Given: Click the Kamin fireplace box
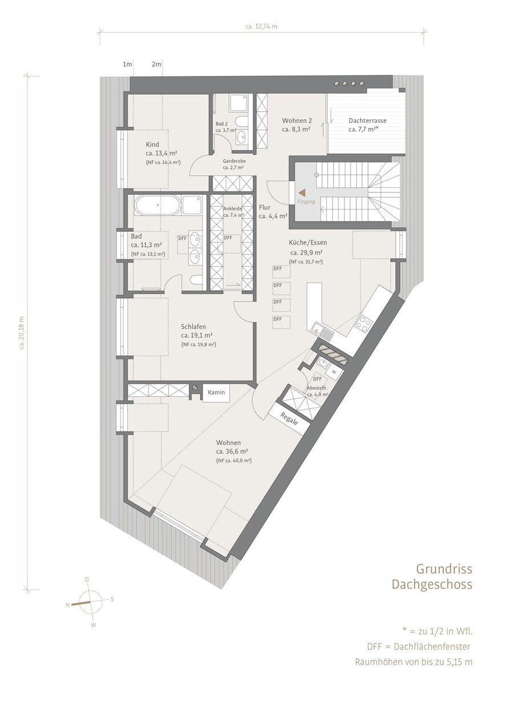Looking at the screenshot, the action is pyautogui.click(x=216, y=392).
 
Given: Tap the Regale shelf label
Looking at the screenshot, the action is pyautogui.click(x=289, y=419).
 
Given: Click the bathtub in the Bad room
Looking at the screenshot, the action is pyautogui.click(x=158, y=205).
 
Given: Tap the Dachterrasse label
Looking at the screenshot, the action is pyautogui.click(x=367, y=120).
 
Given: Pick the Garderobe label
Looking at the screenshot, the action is pyautogui.click(x=234, y=161).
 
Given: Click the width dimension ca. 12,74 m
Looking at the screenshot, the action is pyautogui.click(x=261, y=26).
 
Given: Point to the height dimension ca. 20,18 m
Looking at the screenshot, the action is pyautogui.click(x=22, y=332).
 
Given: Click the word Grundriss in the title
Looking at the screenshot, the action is pyautogui.click(x=444, y=569).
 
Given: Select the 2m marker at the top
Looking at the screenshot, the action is pyautogui.click(x=156, y=65).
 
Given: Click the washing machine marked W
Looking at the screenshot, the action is pyautogui.click(x=333, y=372).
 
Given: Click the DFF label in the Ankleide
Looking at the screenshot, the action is pyautogui.click(x=228, y=238).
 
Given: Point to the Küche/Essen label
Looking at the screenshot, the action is pyautogui.click(x=308, y=242).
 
